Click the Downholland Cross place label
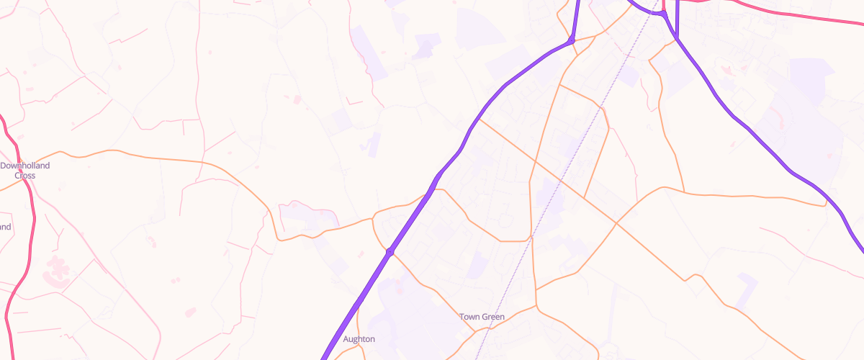coord(25,170)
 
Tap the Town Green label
coord(482,317)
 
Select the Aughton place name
coord(359,339)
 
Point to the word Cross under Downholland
coord(25,175)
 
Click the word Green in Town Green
coord(493,317)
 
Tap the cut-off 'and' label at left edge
coord(6,227)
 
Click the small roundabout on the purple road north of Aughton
coord(390,252)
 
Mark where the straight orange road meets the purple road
coord(478,120)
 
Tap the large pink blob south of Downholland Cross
coord(56,267)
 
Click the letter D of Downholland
coord(3,166)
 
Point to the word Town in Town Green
coord(469,317)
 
